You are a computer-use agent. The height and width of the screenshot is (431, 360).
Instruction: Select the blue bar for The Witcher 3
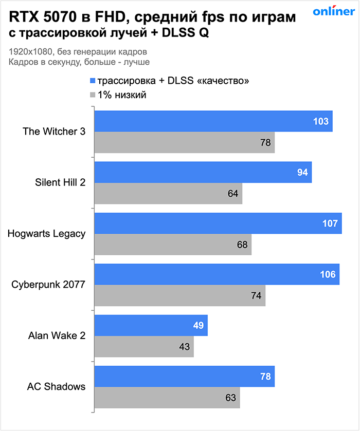pyautogui.click(x=213, y=121)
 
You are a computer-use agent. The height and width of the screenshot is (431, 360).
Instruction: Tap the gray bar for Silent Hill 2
pyautogui.click(x=168, y=194)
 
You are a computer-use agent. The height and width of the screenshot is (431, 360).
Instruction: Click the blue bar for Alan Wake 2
pyautogui.click(x=151, y=325)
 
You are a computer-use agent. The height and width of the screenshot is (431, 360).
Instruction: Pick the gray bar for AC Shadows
pyautogui.click(x=167, y=397)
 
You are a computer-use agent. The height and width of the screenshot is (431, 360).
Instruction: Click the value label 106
pyautogui.click(x=328, y=274)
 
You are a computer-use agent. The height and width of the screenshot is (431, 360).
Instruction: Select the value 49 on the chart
pyautogui.click(x=199, y=325)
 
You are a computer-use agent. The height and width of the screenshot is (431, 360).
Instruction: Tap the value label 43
pyautogui.click(x=185, y=346)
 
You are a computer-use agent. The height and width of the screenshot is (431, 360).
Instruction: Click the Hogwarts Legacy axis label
pyautogui.click(x=47, y=234)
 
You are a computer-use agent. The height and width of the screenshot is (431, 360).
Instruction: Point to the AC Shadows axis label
pyautogui.click(x=57, y=387)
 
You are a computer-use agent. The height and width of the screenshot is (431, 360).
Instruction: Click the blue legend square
pyautogui.click(x=93, y=81)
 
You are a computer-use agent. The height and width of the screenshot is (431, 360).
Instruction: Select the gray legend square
pyautogui.click(x=93, y=95)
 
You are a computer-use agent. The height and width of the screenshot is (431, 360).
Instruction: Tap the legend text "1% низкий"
pyautogui.click(x=122, y=95)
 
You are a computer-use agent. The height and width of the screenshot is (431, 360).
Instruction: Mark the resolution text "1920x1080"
pyautogui.click(x=29, y=52)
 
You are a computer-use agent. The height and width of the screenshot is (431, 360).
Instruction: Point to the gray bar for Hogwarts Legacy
pyautogui.click(x=172, y=245)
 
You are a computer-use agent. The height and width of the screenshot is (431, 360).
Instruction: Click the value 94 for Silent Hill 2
pyautogui.click(x=302, y=173)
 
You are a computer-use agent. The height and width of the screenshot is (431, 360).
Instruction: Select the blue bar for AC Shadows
pyautogui.click(x=184, y=377)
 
